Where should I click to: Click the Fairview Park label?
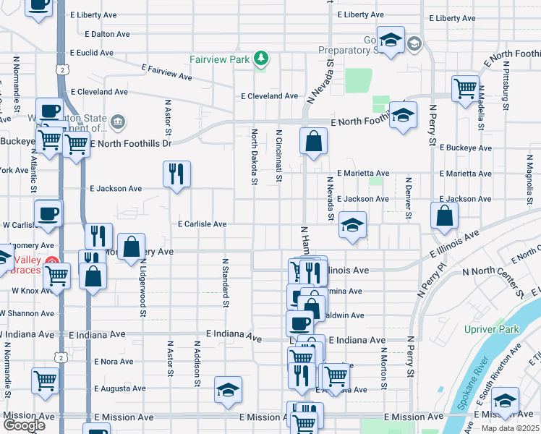219,59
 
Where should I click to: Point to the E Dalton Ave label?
107,34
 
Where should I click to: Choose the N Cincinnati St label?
278,156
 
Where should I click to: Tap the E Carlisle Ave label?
203,224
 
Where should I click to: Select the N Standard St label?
225,283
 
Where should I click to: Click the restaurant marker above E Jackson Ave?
176,174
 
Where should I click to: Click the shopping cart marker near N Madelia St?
465,88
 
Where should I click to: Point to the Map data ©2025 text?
510,428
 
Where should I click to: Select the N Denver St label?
408,197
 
